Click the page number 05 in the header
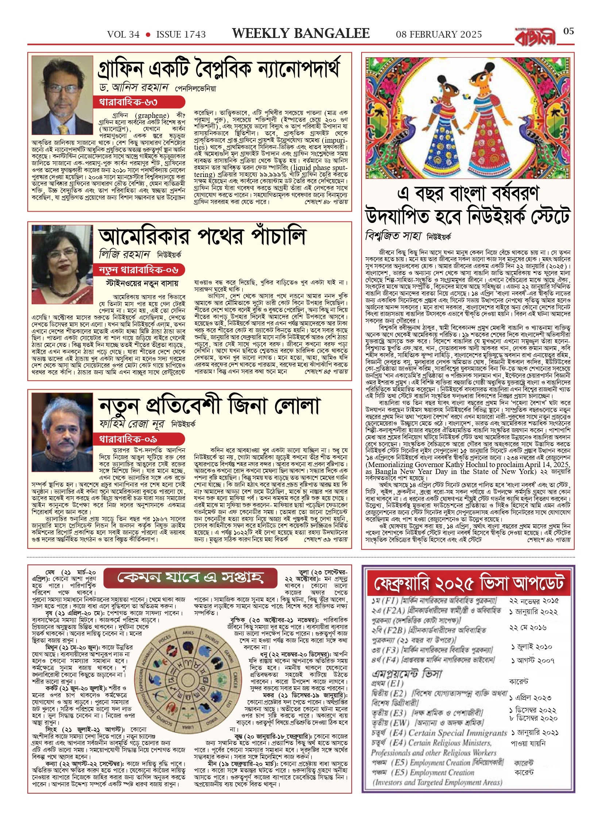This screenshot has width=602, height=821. pos(568,31)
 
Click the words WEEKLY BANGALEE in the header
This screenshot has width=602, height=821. pos(301,34)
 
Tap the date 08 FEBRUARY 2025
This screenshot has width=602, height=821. pos(439,35)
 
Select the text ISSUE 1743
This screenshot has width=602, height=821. pos(181,35)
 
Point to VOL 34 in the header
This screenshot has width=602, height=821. pos(123,35)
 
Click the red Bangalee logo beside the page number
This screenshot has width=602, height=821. pos(536,37)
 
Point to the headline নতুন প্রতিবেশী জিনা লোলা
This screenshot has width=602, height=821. pos(210,405)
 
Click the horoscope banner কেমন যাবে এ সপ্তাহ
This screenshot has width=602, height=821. pos(190,577)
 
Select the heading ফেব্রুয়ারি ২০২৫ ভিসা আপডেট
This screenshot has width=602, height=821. pos(468,583)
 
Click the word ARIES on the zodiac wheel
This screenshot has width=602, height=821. pos(188,632)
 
